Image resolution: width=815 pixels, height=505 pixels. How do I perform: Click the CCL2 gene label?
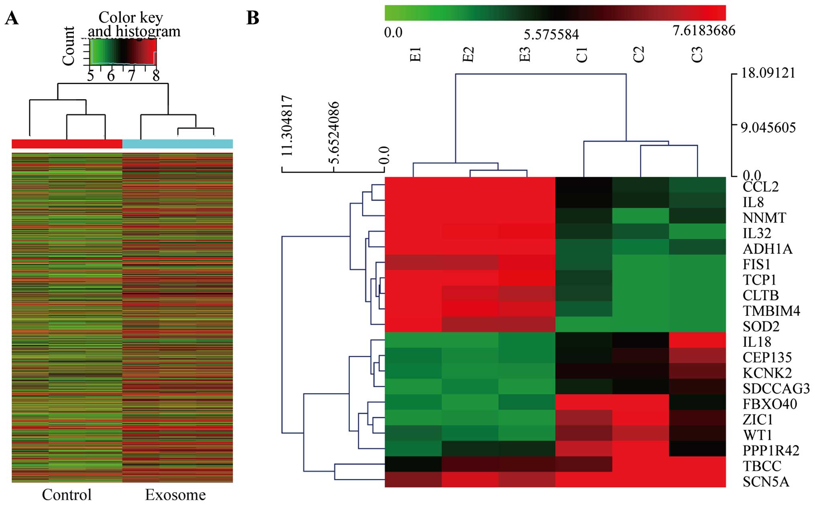click(x=760, y=187)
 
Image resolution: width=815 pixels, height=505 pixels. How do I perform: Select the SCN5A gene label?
click(x=766, y=481)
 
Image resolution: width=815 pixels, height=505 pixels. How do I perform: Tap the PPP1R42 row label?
click(x=771, y=450)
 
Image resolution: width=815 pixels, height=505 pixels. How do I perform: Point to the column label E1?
click(x=416, y=55)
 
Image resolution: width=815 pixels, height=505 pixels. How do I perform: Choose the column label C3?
click(x=697, y=55)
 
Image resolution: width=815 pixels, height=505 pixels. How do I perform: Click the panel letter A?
click(x=12, y=18)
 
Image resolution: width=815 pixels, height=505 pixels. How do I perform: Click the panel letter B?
click(x=253, y=18)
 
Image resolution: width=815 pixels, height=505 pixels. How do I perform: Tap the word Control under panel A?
click(x=67, y=495)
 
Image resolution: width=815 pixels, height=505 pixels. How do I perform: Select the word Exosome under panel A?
click(x=175, y=495)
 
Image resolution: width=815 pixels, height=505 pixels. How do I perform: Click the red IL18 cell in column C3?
click(x=697, y=340)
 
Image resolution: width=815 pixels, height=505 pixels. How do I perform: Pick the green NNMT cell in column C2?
click(x=640, y=216)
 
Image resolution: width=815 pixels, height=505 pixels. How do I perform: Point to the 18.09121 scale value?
click(x=768, y=73)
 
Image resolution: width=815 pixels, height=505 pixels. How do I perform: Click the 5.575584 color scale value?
click(x=551, y=35)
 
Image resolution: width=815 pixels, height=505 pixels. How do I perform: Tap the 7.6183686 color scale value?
click(x=704, y=31)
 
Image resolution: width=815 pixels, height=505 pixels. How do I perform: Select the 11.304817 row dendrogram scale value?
click(x=287, y=125)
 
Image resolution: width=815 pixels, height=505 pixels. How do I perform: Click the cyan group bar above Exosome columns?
click(x=177, y=144)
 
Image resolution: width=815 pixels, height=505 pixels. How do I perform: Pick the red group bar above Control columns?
click(x=67, y=144)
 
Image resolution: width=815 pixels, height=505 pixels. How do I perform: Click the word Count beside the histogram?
click(x=69, y=45)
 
